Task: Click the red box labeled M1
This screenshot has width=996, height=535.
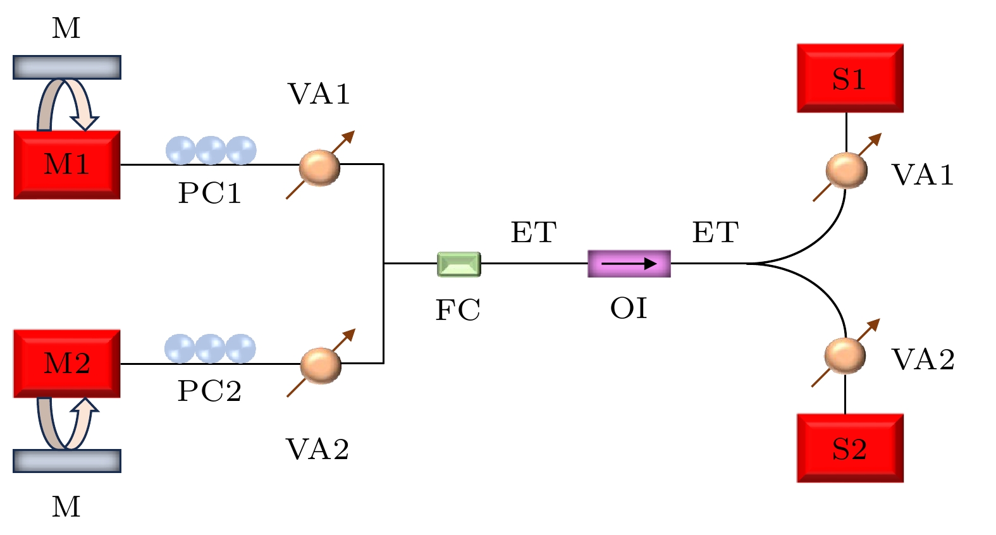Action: click(67, 164)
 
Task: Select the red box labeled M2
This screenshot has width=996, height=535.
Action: click(67, 363)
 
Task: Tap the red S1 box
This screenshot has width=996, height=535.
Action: click(850, 78)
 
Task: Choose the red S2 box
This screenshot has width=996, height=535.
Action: click(850, 448)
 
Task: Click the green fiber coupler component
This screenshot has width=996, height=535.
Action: click(459, 264)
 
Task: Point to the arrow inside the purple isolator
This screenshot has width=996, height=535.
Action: click(629, 264)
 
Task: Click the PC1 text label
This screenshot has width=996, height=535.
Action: click(209, 193)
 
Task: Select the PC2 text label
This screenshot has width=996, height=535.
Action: click(209, 391)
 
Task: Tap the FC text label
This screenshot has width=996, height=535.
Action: click(458, 310)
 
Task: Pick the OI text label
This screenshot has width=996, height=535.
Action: click(629, 309)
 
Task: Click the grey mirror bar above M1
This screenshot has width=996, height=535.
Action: click(67, 67)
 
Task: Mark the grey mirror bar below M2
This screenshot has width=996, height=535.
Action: click(67, 461)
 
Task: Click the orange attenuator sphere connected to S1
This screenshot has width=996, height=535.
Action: click(846, 169)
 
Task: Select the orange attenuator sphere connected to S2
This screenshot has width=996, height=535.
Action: click(845, 355)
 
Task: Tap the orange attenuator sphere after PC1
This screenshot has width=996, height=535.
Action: click(319, 167)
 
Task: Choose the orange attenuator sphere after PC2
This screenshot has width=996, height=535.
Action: click(321, 365)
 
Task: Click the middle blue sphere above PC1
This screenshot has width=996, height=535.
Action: click(211, 151)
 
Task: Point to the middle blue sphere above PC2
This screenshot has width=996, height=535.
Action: click(210, 348)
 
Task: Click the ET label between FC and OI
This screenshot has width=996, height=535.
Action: click(533, 232)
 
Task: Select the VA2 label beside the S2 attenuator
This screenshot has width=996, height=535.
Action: click(923, 359)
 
